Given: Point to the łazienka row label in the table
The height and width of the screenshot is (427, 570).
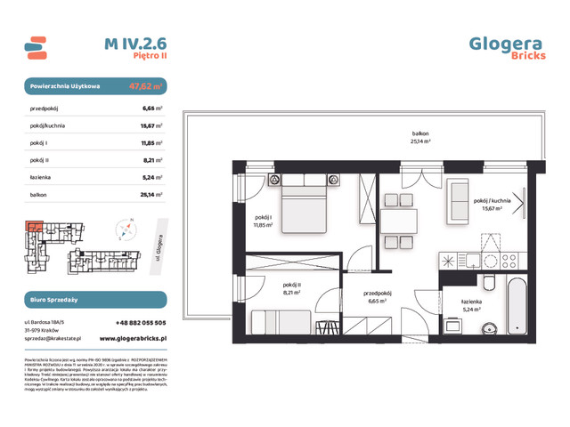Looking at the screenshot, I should tap(41, 176).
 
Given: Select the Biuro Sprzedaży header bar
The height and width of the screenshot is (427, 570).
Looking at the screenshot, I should tap(94, 300).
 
